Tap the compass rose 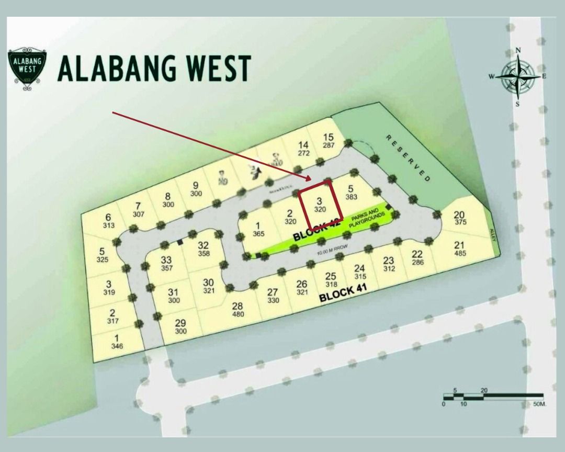(518, 77)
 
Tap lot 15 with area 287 (328, 141)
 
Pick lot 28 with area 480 (238, 310)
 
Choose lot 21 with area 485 (459, 249)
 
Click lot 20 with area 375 (459, 218)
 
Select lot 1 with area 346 (117, 342)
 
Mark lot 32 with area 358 (204, 249)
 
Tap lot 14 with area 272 (303, 149)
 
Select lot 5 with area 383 (351, 193)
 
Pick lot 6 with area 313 (108, 221)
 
